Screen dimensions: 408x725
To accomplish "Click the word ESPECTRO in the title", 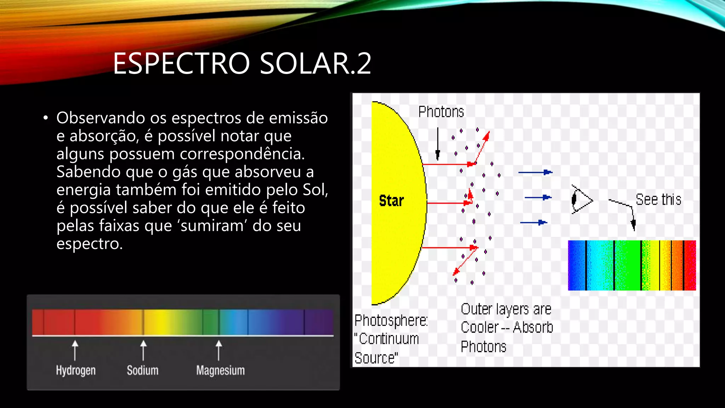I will click(x=181, y=64).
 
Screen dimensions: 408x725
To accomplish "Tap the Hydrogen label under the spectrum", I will click(x=76, y=370).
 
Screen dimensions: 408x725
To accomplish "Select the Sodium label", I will click(x=143, y=370).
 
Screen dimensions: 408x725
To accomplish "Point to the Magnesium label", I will click(x=220, y=370).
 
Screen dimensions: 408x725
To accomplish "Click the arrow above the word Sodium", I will click(x=143, y=350).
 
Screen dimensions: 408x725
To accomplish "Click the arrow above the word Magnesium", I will click(x=219, y=350).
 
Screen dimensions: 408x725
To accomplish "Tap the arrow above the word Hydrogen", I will click(x=75, y=350).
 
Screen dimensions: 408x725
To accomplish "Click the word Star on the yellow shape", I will click(x=391, y=201).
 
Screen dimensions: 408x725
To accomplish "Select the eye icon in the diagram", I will click(x=581, y=200).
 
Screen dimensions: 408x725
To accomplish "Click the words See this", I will click(x=658, y=200).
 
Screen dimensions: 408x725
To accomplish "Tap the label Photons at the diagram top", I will click(x=441, y=112).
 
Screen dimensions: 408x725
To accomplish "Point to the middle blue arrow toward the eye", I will click(x=538, y=197).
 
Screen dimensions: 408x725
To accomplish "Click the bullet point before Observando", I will click(x=45, y=118).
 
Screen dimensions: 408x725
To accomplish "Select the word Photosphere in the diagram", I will click(x=391, y=321).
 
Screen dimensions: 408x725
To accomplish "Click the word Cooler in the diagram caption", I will click(x=480, y=328).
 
